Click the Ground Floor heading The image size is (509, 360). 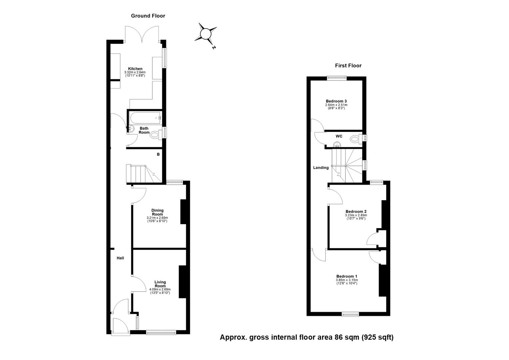148,16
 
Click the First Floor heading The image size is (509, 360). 348,66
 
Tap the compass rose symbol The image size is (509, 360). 206,34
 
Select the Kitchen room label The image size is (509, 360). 135,69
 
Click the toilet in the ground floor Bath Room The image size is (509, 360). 155,135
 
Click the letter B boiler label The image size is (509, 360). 158,154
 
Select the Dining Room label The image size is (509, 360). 157,212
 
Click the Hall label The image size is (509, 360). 120,258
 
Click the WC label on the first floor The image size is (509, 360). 339,136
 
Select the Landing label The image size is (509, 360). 320,168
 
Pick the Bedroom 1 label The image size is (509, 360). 346,276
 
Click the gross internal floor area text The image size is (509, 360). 306,337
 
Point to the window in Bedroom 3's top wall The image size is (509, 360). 337,78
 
